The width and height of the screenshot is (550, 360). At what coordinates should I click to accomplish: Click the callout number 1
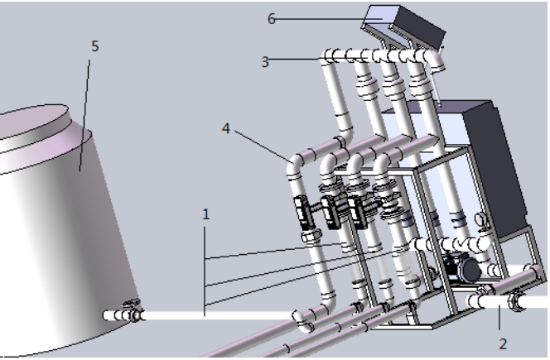tap(206, 214)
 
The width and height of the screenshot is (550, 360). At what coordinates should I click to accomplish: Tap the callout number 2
tap(503, 344)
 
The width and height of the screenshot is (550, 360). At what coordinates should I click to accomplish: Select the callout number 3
tap(265, 62)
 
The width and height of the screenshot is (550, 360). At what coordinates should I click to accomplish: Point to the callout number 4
tap(226, 128)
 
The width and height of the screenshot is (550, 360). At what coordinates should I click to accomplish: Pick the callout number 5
tap(95, 46)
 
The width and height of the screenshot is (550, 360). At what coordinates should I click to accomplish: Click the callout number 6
tap(272, 19)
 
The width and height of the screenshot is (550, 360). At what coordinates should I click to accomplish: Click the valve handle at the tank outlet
tap(133, 303)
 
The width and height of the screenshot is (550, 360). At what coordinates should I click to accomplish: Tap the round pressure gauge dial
tap(479, 218)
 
